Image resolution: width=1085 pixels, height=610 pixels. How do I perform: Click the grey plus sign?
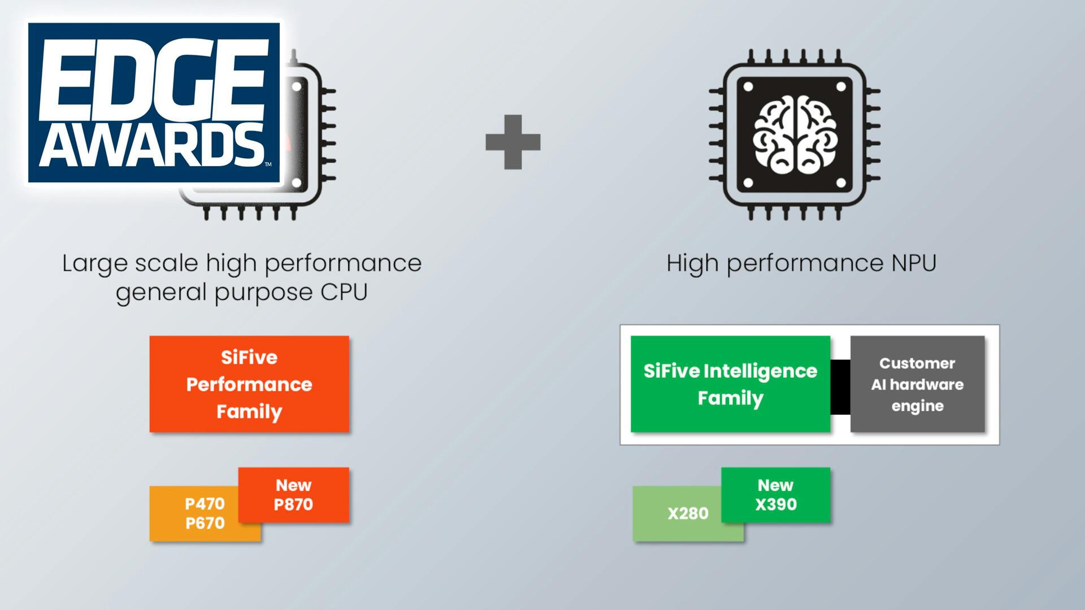513,142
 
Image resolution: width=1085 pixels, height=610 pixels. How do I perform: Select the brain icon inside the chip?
795,134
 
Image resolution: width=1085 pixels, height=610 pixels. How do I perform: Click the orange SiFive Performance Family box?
249,384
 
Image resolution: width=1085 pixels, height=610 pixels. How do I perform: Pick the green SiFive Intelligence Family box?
730,384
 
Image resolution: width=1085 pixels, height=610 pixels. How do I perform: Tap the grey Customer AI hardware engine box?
917,384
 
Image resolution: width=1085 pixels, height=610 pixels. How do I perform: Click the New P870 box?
293,495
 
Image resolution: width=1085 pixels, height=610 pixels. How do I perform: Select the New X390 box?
776,495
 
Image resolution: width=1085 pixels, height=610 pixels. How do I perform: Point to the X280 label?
688,513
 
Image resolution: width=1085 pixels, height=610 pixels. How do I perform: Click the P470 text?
205,504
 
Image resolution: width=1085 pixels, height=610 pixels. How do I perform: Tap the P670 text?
205,524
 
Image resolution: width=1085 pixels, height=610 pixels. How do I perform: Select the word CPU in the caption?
344,292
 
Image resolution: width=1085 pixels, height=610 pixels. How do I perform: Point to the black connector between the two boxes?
840,387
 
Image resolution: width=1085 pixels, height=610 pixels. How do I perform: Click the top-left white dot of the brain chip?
748,87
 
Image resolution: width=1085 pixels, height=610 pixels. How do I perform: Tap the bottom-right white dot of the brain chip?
841,182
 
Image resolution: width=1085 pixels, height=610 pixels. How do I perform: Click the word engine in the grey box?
917,406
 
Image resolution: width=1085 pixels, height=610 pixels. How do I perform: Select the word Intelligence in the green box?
760,371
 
